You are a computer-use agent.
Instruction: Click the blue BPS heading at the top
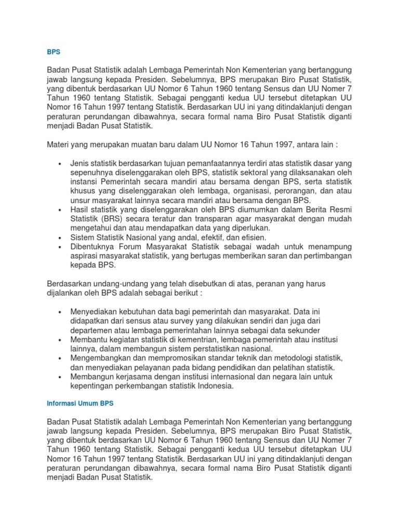[54, 52]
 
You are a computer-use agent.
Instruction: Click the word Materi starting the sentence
[58, 144]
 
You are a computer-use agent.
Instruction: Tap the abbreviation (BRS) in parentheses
[115, 219]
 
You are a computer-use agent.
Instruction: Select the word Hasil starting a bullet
[79, 209]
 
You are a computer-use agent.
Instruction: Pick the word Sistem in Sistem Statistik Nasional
[82, 237]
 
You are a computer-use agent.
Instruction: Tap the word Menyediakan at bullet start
[94, 312]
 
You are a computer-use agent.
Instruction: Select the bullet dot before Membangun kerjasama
[61, 377]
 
